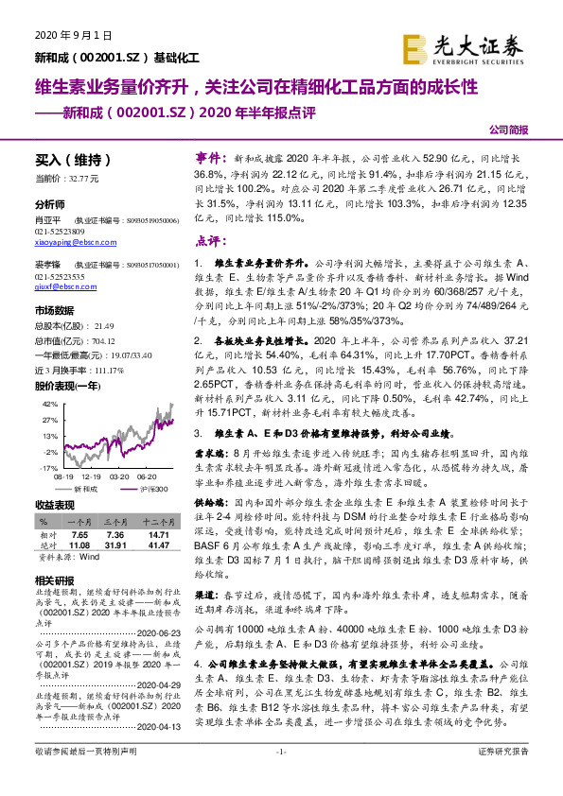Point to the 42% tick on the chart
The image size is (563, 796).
point(50,403)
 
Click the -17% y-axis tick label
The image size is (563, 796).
point(49,468)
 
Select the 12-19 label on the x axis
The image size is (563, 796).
point(97,477)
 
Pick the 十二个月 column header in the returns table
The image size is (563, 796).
point(156,522)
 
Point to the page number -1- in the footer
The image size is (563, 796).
point(281,777)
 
